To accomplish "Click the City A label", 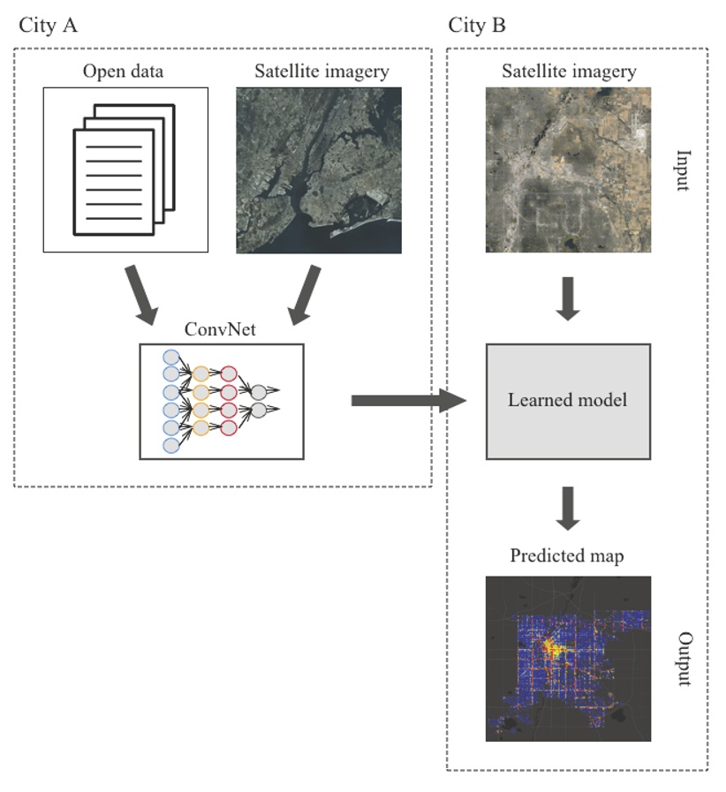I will [49, 25].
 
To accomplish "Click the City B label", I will [477, 25].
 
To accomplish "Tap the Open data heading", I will [125, 72].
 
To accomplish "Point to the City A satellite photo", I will [318, 170].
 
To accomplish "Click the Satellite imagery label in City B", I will [568, 72].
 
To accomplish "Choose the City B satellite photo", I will [568, 170].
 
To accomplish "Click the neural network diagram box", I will [221, 401].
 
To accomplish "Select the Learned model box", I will [568, 401].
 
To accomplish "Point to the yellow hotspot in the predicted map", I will [554, 649].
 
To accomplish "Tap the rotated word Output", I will [684, 659].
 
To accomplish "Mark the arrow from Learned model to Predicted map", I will [568, 509].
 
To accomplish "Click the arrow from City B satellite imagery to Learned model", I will [568, 299].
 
